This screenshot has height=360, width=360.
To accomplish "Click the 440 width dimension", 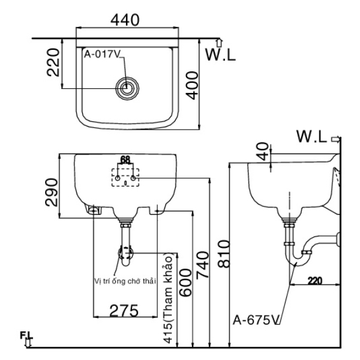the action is click(x=125, y=20).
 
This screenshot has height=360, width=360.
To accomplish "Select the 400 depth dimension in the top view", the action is click(x=192, y=85).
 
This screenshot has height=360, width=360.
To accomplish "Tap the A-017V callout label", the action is click(x=103, y=55).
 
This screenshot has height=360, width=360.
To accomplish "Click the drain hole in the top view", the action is click(x=127, y=88).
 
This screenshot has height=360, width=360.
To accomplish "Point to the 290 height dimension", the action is click(x=52, y=193).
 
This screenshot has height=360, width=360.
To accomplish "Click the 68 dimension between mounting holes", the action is click(x=125, y=160).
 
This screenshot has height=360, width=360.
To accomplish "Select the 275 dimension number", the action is click(x=124, y=311).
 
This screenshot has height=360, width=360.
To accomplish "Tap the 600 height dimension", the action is click(x=185, y=283).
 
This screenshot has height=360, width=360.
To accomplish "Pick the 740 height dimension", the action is click(x=203, y=265).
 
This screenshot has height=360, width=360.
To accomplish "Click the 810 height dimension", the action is click(x=223, y=254).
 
